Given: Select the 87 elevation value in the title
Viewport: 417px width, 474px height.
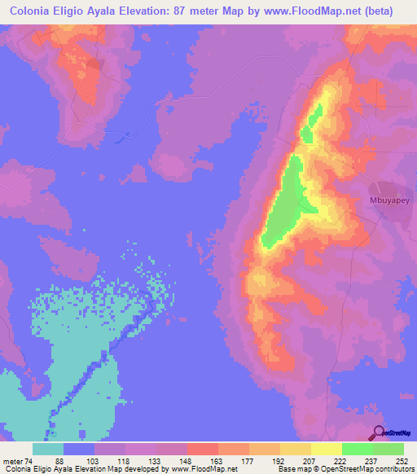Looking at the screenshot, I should click(x=205, y=11).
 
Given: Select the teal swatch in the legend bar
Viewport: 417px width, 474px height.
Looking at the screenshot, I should click(x=48, y=449).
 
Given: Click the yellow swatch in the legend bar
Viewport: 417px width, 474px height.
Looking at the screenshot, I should click(x=326, y=449).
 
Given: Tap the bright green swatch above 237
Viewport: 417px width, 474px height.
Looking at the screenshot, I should click(x=357, y=449).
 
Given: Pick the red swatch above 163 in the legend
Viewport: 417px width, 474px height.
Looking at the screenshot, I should click(x=202, y=449).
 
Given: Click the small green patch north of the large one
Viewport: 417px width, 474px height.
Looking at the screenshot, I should click(x=310, y=127).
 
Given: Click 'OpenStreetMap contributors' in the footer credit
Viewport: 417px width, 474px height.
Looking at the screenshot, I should click(x=374, y=469).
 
